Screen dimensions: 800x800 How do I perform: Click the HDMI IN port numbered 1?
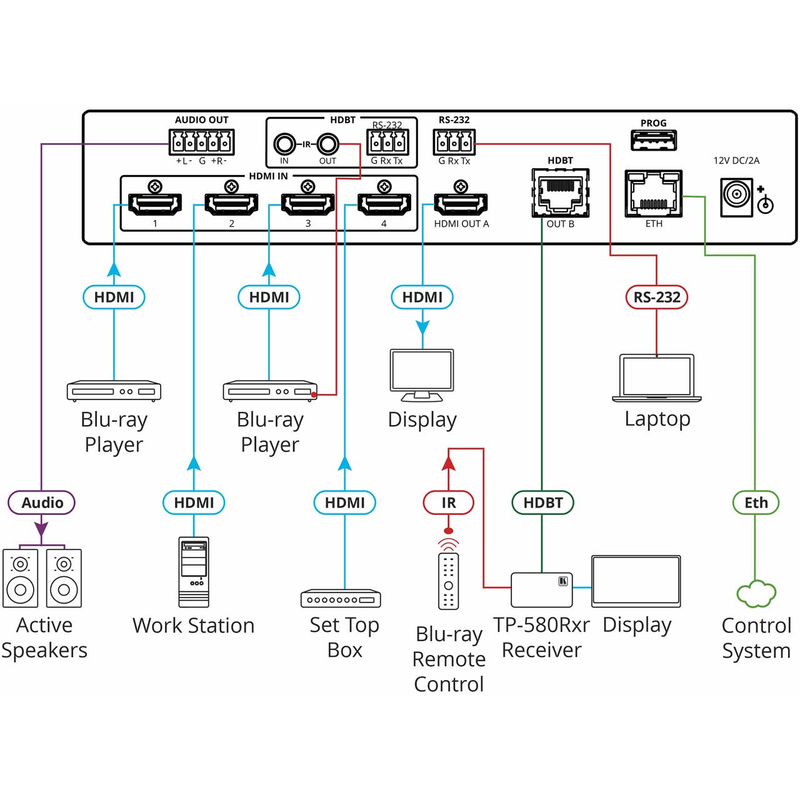click(155, 204)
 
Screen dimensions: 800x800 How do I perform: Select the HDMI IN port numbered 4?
click(384, 204)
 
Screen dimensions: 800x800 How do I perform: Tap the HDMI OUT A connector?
click(461, 204)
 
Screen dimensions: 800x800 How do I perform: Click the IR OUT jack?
click(328, 145)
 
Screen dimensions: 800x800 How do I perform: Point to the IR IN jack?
click(284, 145)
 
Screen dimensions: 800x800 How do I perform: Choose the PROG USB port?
click(654, 140)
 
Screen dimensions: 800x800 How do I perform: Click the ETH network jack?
click(654, 193)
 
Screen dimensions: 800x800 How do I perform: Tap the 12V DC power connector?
click(736, 197)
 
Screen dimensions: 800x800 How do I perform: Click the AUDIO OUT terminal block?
click(201, 142)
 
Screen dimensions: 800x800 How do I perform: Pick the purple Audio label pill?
click(41, 502)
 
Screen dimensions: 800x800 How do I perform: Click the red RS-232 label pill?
click(657, 297)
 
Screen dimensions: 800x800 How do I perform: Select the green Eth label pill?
click(756, 502)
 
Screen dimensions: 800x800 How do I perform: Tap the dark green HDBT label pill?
click(542, 502)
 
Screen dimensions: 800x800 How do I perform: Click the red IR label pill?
click(448, 502)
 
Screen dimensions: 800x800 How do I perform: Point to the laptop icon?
click(657, 377)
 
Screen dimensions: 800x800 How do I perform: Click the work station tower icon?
click(194, 572)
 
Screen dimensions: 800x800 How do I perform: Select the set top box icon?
click(341, 598)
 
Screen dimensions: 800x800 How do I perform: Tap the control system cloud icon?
click(756, 594)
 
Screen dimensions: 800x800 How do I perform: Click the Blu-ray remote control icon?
click(448, 581)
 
